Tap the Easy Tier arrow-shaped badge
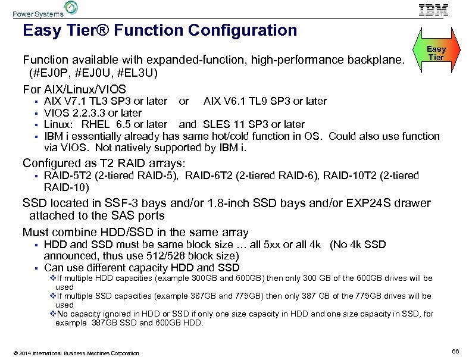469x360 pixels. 436,53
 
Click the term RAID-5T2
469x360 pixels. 67,176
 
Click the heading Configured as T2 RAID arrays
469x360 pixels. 104,162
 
